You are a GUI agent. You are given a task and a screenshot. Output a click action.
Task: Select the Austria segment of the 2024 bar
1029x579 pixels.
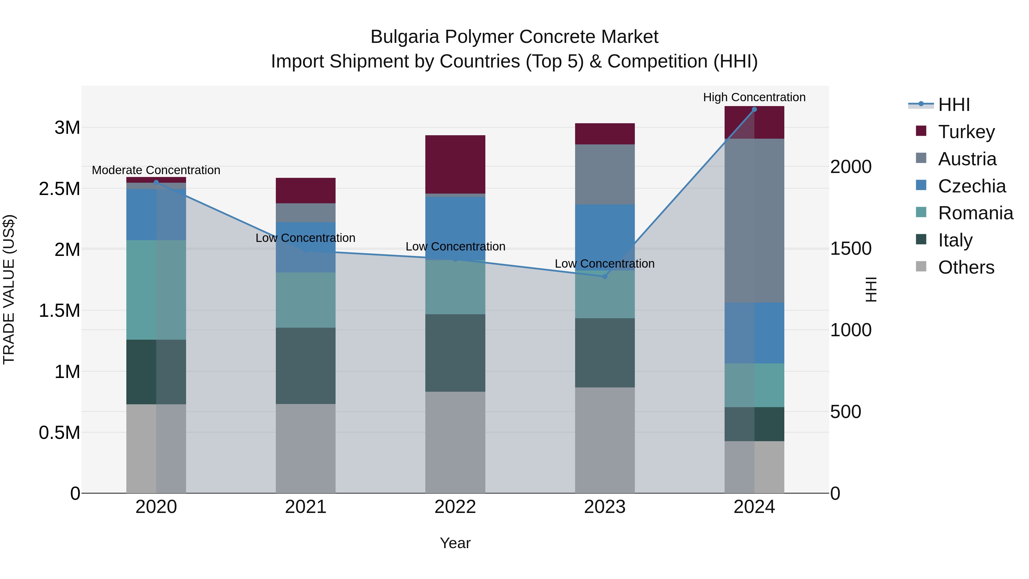click(x=754, y=220)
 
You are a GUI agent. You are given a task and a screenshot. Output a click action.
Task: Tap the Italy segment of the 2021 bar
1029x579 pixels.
click(x=306, y=366)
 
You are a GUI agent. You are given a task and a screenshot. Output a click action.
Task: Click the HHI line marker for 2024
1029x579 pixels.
click(x=754, y=110)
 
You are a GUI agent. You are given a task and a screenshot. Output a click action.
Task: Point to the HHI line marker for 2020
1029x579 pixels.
click(x=156, y=183)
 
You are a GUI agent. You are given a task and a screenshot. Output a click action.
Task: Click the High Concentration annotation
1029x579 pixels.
click(x=754, y=97)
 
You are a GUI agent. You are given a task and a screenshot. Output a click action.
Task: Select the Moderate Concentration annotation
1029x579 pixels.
click(x=156, y=170)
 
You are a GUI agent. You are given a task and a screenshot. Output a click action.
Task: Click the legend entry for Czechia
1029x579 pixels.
click(x=972, y=186)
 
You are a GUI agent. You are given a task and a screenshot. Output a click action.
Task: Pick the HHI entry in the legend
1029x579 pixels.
click(x=954, y=105)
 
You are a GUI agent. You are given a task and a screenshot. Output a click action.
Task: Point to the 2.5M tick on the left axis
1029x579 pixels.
click(x=59, y=189)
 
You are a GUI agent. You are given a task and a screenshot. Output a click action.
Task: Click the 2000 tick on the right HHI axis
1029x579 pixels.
click(x=851, y=167)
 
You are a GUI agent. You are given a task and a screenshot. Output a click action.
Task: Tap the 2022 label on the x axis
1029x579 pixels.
click(x=455, y=507)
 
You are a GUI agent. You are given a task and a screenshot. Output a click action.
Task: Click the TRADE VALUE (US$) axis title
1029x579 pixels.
click(x=9, y=289)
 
